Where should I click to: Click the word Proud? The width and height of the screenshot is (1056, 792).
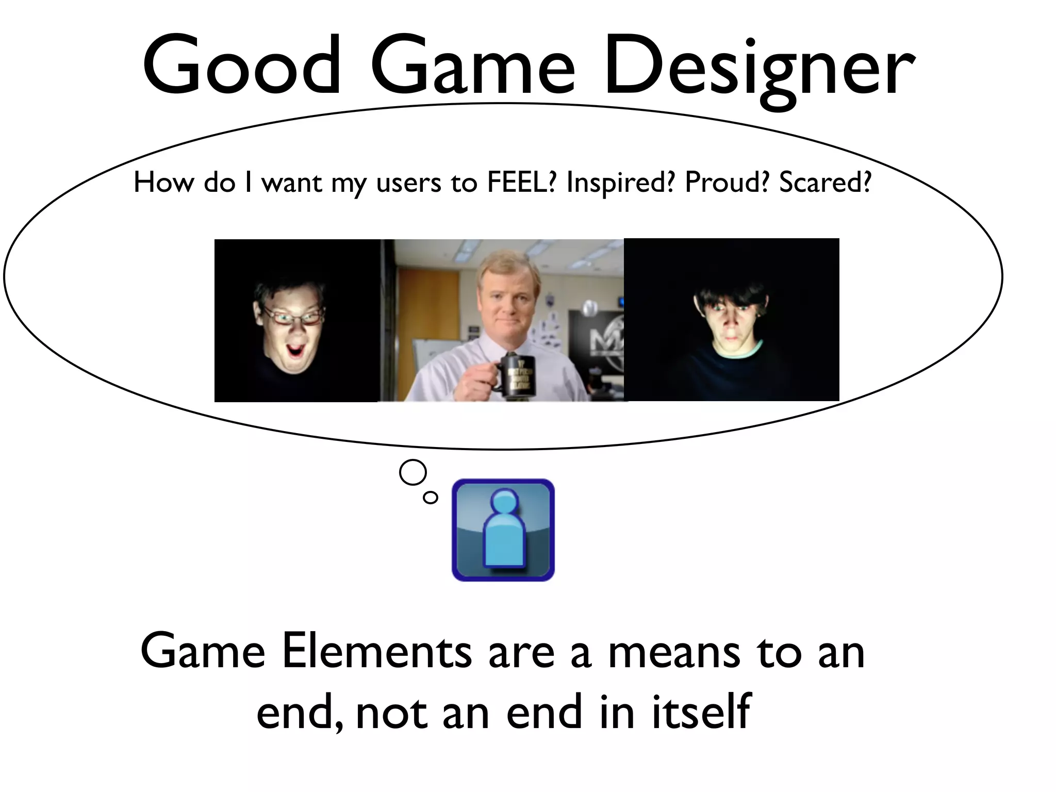tap(727, 182)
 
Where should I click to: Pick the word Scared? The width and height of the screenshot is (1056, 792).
tap(824, 182)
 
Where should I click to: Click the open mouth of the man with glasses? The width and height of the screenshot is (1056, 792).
tap(295, 352)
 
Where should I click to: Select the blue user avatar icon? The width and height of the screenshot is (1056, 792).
tap(503, 530)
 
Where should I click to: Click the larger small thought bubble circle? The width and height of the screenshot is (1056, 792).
tap(413, 472)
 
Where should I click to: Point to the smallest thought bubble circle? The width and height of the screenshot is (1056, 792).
tap(430, 497)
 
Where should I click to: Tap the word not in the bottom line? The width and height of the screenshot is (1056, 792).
tap(392, 713)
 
